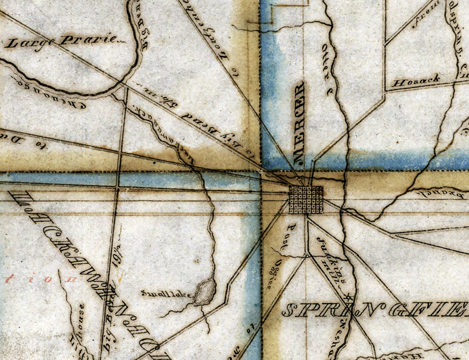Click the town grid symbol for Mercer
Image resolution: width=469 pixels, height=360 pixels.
(x=306, y=200)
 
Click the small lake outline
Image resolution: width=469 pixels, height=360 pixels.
(x=204, y=292)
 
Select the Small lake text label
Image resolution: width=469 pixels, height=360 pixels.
(x=167, y=294)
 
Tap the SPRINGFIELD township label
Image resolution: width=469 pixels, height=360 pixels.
(x=375, y=310)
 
